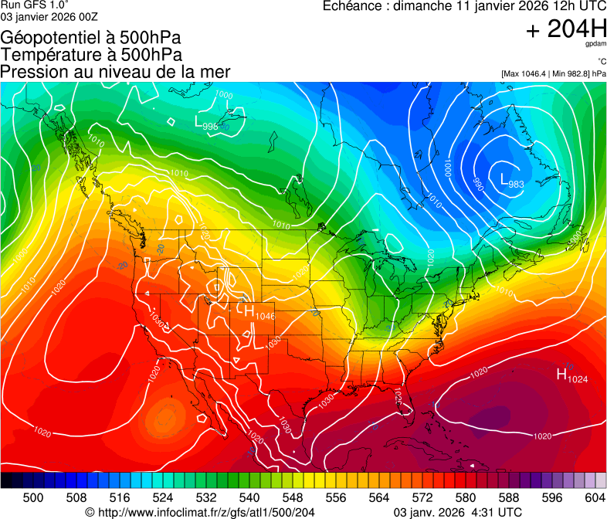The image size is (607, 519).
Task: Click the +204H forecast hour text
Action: click(566, 29)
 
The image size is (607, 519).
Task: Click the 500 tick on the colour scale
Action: click(33, 497)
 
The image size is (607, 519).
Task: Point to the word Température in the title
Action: click(55, 55)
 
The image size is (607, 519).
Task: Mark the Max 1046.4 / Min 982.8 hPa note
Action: click(553, 73)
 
